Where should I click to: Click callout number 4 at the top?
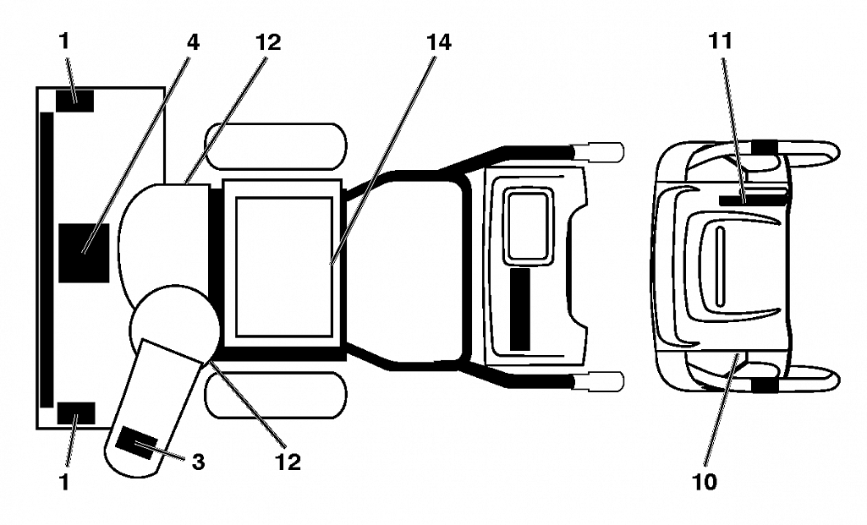(x=192, y=42)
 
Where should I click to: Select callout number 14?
(x=438, y=42)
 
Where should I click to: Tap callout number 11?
(x=721, y=41)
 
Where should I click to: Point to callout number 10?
(x=705, y=481)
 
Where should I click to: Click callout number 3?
(x=198, y=462)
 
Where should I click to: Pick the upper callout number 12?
(x=268, y=42)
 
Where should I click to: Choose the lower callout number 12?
(x=288, y=462)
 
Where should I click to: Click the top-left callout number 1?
(x=64, y=41)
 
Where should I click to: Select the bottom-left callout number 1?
(x=64, y=481)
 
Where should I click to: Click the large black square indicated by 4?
(x=84, y=253)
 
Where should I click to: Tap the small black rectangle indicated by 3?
(x=137, y=443)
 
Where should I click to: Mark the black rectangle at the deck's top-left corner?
(x=74, y=101)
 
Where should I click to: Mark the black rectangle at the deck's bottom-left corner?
(x=76, y=413)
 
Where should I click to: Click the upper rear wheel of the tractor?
(x=276, y=146)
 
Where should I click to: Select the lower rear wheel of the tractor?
(x=276, y=396)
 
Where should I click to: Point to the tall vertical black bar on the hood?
(x=519, y=309)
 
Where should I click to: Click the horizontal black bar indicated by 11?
(x=753, y=200)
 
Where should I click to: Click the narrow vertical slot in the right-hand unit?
(x=720, y=265)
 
